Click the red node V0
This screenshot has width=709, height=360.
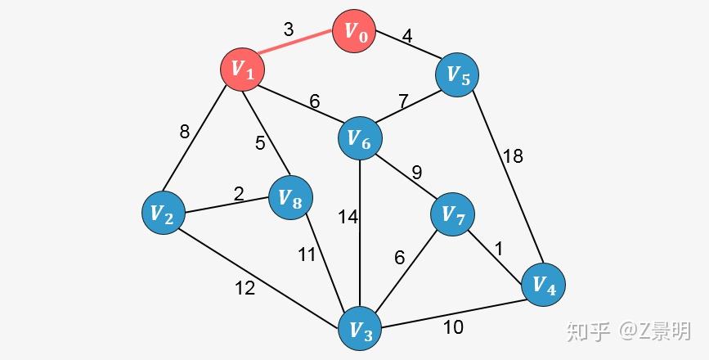tap(354, 31)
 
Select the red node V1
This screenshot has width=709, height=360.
tap(242, 70)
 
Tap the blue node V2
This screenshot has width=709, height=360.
tap(164, 213)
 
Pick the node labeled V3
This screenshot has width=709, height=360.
tap(361, 328)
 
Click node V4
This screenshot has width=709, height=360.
tap(543, 285)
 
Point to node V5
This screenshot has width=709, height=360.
tap(457, 74)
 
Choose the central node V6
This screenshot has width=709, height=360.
tap(360, 138)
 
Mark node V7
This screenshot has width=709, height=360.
tap(452, 214)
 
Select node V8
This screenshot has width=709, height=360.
tap(290, 198)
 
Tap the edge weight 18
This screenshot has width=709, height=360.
tap(513, 156)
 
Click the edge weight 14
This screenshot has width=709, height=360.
tap(348, 217)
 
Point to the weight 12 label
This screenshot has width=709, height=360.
tap(245, 288)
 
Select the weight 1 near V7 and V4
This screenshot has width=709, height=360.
tap(499, 249)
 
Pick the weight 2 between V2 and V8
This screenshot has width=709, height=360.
tap(239, 194)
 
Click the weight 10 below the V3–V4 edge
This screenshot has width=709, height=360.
tap(452, 327)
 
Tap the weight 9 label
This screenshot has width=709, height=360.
tap(416, 173)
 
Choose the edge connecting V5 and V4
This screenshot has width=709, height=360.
tap(507, 178)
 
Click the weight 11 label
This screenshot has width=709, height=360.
tap(306, 254)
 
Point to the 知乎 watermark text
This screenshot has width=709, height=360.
tap(588, 331)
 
